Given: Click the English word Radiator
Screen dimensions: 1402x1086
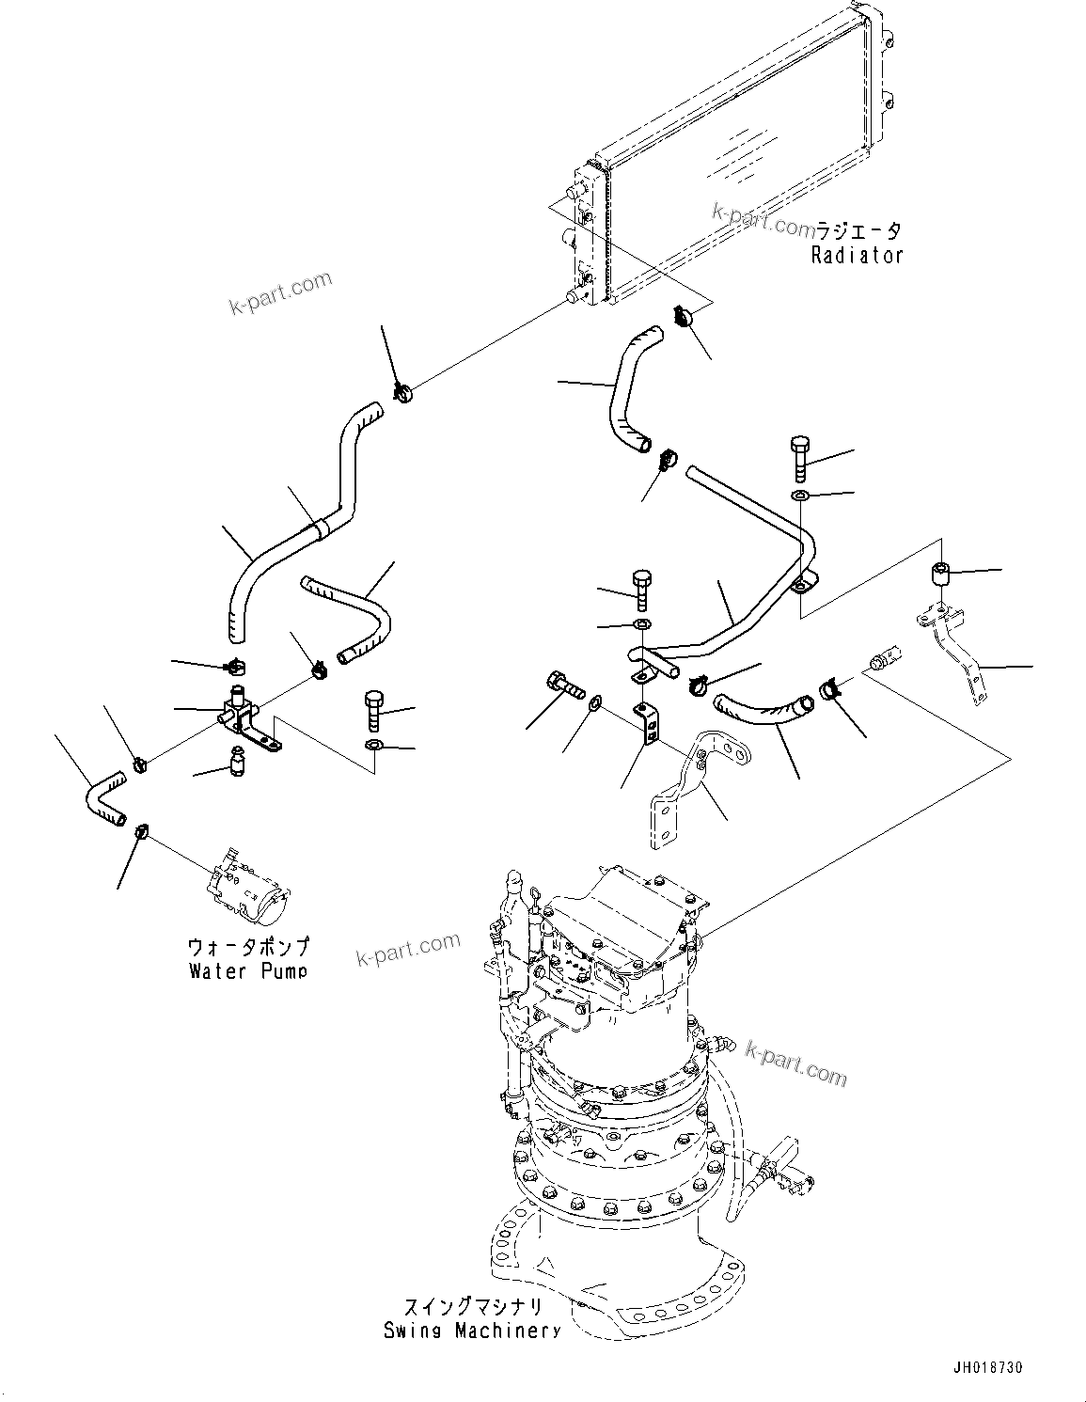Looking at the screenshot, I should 857,255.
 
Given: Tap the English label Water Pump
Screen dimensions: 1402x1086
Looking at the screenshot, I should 247,970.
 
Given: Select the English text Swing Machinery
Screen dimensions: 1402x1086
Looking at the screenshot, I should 472,1331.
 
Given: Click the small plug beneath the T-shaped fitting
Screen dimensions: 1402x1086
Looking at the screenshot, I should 238,760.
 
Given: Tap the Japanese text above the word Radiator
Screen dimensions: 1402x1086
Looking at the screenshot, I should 857,230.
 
